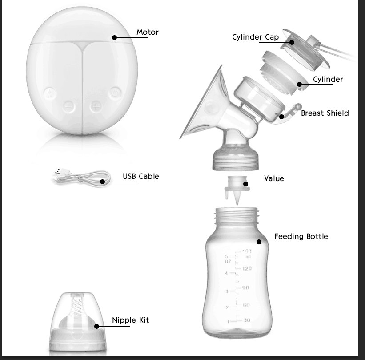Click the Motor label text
[147, 32]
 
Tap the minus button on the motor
[69, 107]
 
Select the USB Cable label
[140, 176]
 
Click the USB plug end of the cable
[59, 174]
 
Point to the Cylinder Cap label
[255, 37]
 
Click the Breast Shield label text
[325, 113]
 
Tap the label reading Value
[273, 178]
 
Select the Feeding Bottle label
[301, 236]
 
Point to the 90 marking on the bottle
[245, 288]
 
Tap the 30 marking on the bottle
[246, 320]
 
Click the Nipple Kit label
[130, 320]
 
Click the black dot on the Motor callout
[115, 38]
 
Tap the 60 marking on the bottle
[246, 305]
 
